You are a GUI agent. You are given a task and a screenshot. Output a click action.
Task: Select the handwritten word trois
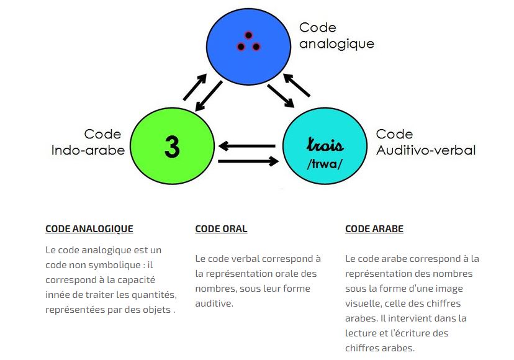(x=325, y=145)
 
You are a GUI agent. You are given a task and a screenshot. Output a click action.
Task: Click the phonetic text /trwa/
(x=325, y=164)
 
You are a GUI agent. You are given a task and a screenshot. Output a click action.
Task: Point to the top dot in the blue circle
(x=248, y=35)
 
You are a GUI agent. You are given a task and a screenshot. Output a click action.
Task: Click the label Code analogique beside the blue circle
(x=336, y=36)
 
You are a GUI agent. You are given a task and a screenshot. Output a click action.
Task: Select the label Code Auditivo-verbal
(x=426, y=142)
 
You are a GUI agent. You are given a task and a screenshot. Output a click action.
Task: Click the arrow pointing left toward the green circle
(x=248, y=146)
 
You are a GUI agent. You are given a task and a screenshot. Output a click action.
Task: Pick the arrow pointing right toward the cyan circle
(x=248, y=161)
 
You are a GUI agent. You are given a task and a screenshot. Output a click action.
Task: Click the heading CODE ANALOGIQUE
(x=89, y=229)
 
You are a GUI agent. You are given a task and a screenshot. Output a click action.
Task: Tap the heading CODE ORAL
(x=221, y=229)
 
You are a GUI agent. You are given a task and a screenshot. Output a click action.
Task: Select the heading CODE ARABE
(x=374, y=229)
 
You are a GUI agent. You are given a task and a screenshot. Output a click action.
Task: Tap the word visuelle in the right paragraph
(x=364, y=304)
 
